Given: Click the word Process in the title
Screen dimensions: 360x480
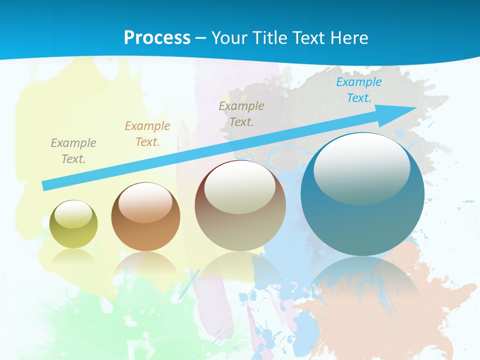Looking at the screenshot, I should point(157,38).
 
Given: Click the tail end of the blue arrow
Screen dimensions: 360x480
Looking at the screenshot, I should point(46,186).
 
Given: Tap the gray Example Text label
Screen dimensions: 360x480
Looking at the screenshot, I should point(73,151).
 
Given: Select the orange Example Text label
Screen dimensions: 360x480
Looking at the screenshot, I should point(147,134).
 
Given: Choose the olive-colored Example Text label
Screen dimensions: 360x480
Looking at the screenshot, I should point(241,114).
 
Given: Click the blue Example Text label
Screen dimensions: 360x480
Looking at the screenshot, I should point(359,90).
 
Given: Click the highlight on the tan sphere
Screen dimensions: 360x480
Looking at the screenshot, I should point(240,187).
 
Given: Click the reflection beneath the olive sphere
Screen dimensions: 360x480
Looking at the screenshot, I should point(73,256).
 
